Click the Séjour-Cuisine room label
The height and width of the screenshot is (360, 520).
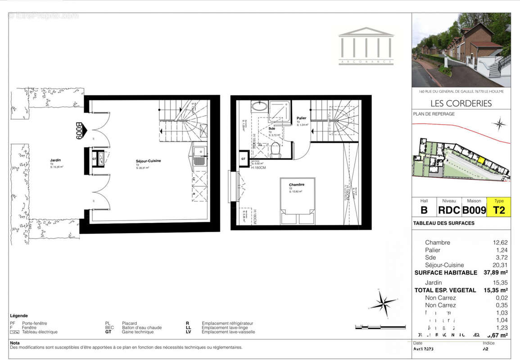pyautogui.click(x=149, y=161)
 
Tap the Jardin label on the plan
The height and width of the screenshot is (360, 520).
pyautogui.click(x=56, y=160)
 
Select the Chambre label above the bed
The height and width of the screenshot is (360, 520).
pyautogui.click(x=297, y=184)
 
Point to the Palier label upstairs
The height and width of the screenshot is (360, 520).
pyautogui.click(x=301, y=118)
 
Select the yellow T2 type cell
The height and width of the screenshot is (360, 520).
pyautogui.click(x=499, y=210)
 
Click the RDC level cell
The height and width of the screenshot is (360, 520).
pyautogui.click(x=449, y=210)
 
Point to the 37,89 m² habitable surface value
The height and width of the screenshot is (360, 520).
pyautogui.click(x=495, y=273)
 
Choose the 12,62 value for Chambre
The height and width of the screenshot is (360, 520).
pyautogui.click(x=500, y=243)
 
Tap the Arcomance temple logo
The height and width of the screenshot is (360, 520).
pyautogui.click(x=366, y=46)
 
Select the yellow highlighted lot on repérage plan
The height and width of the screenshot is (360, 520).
pyautogui.click(x=481, y=160)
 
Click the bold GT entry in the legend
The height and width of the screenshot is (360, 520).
pyautogui.click(x=108, y=332)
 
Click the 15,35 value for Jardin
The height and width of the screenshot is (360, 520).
pyautogui.click(x=500, y=283)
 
